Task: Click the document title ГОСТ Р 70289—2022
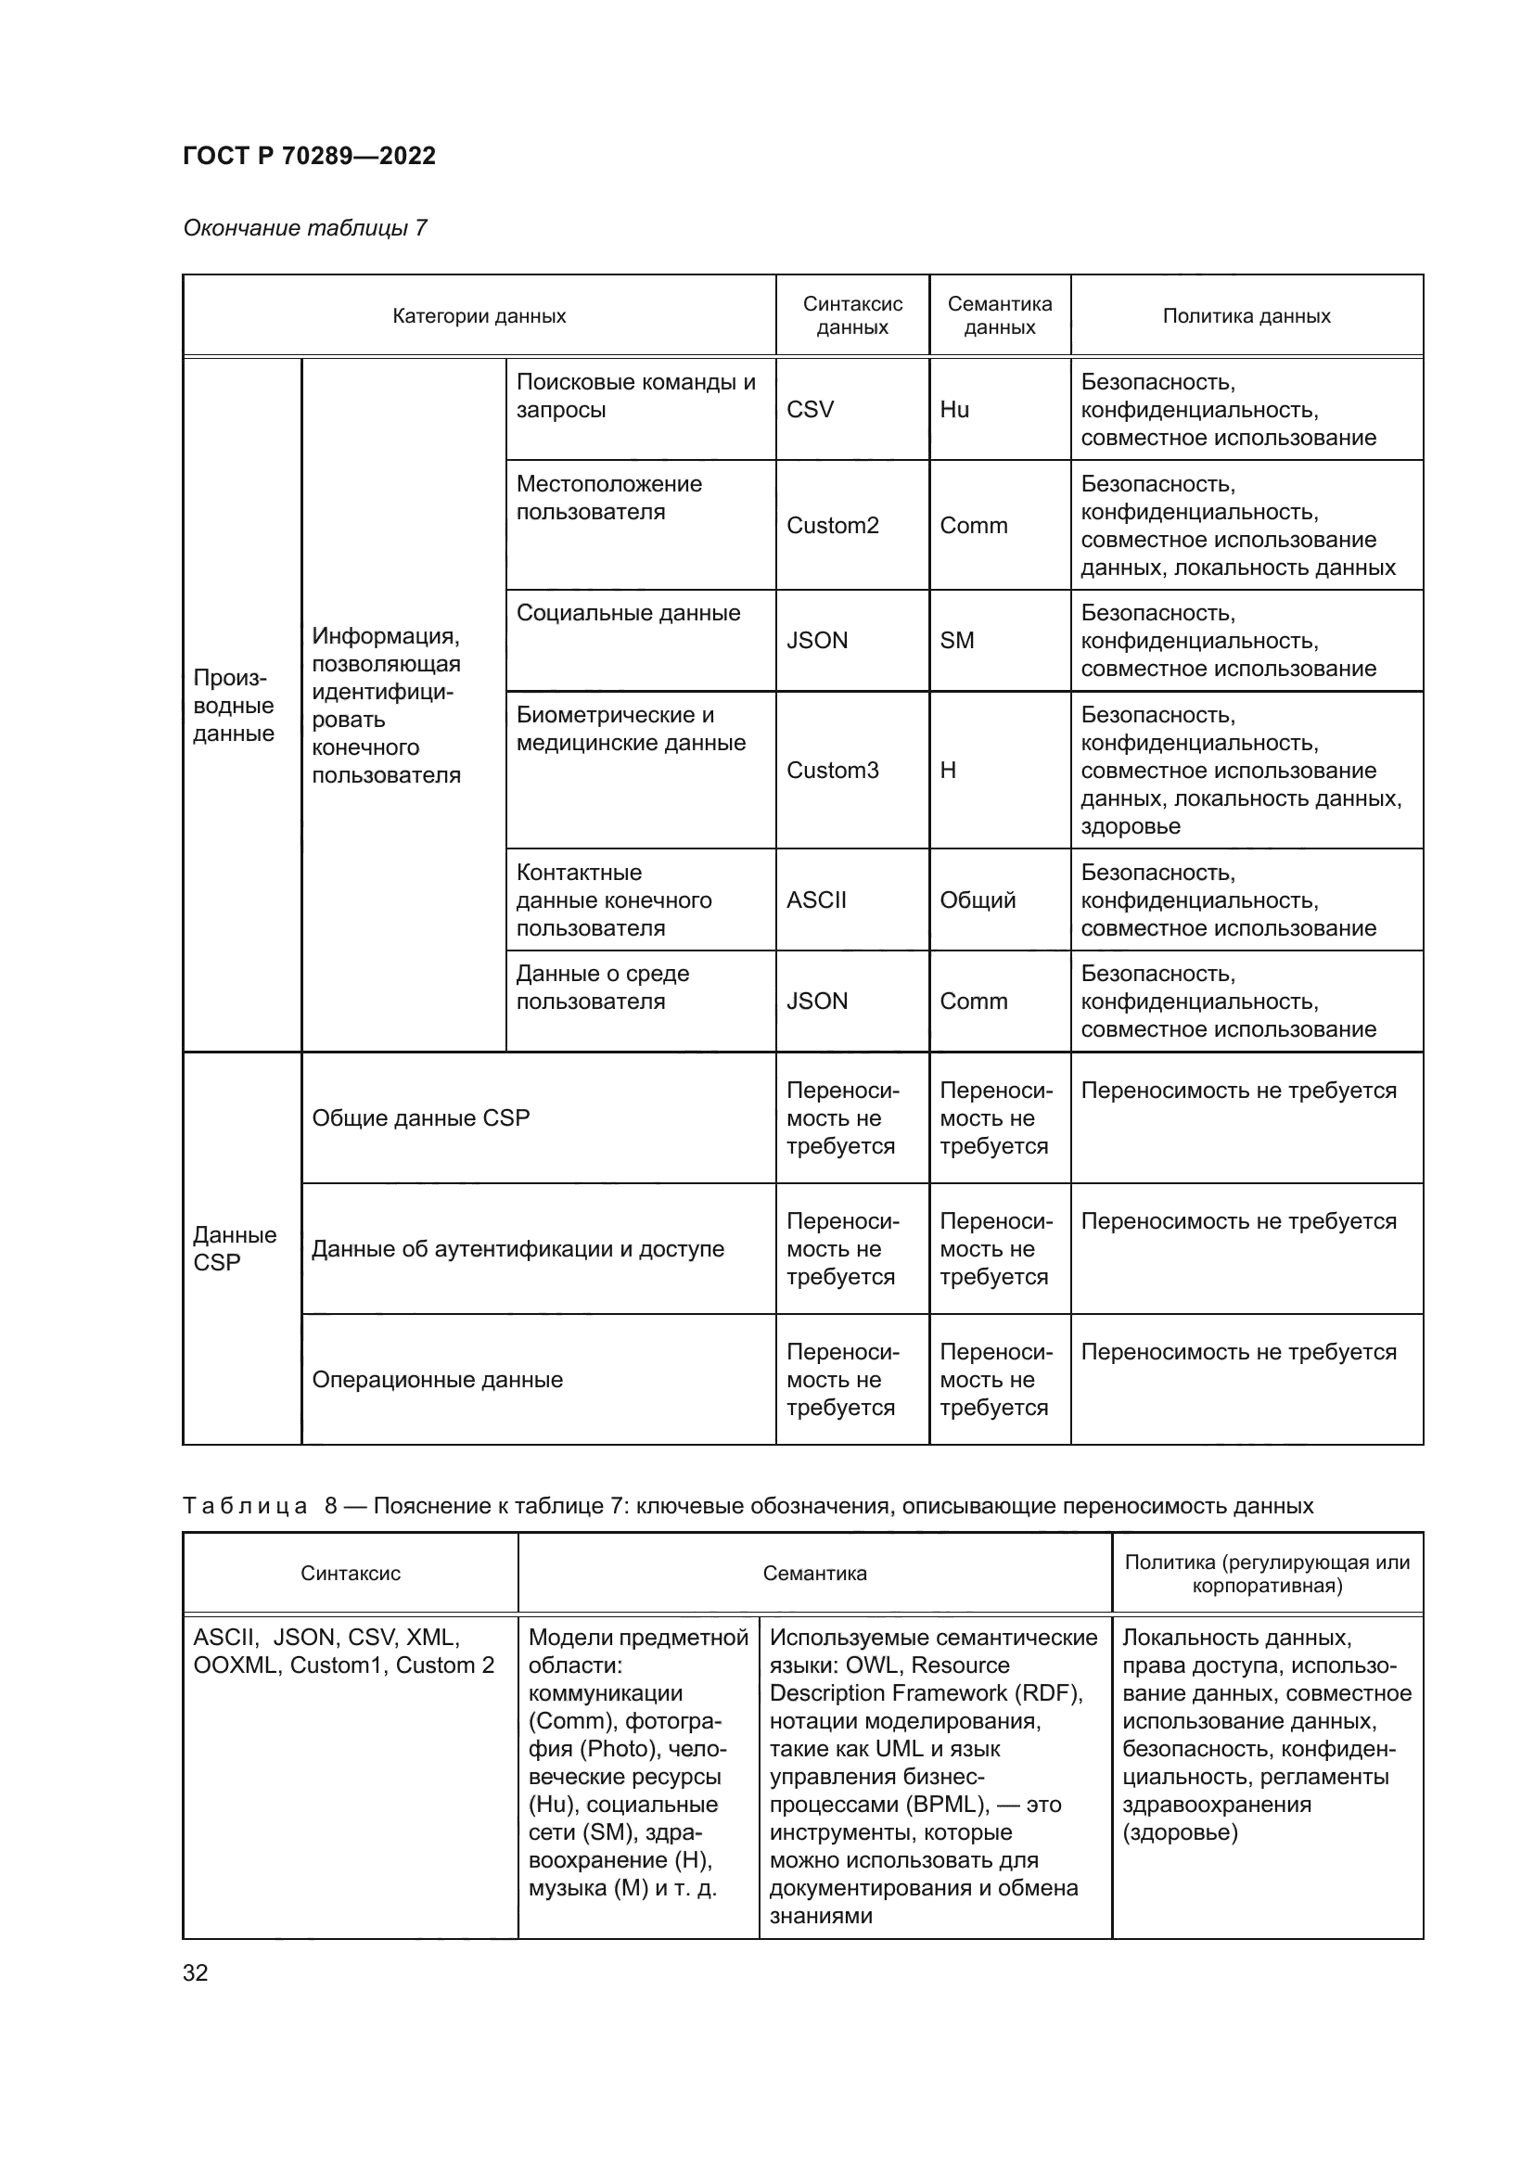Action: click(x=309, y=156)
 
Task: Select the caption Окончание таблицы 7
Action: click(x=304, y=228)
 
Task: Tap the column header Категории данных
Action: click(x=479, y=316)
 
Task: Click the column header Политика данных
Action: click(x=1246, y=316)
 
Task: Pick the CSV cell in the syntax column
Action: click(x=810, y=409)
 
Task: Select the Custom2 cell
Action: click(x=832, y=525)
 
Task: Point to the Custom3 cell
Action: click(x=832, y=770)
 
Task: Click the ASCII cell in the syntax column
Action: click(x=816, y=899)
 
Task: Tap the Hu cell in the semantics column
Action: click(x=954, y=409)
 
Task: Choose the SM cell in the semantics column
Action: click(x=956, y=641)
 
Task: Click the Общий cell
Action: click(x=977, y=899)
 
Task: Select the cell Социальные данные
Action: click(x=627, y=613)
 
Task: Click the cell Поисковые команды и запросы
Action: click(x=634, y=396)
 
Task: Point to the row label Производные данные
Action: click(x=234, y=706)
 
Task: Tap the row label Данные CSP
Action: click(x=234, y=1248)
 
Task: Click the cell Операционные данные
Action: click(x=438, y=1379)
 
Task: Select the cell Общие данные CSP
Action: click(x=420, y=1117)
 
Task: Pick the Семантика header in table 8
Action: click(x=814, y=1573)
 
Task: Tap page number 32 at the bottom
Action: click(x=196, y=1972)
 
